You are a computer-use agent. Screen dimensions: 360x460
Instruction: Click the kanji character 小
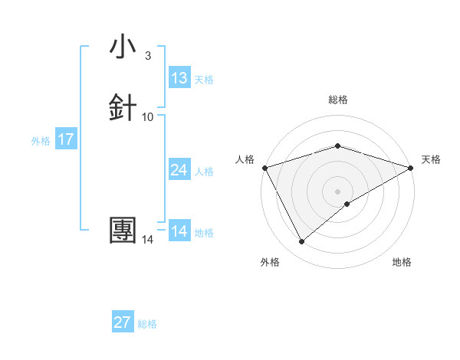(123, 47)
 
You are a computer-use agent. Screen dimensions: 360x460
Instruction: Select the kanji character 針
(123, 107)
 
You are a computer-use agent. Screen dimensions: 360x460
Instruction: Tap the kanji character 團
(123, 231)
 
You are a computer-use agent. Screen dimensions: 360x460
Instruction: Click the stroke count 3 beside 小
(147, 55)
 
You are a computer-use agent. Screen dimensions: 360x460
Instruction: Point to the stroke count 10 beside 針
(148, 116)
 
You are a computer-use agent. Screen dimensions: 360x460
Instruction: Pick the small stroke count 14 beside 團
(148, 240)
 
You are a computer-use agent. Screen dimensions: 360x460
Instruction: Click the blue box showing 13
(179, 78)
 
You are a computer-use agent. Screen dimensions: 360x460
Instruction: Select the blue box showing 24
(179, 170)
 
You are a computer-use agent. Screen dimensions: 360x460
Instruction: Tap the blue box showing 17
(66, 140)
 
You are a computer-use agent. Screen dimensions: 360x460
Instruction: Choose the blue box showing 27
(123, 322)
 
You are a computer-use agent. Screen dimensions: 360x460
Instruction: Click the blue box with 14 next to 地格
(179, 231)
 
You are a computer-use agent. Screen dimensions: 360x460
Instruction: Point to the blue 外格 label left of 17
(41, 141)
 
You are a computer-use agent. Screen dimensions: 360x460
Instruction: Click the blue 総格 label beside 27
(147, 324)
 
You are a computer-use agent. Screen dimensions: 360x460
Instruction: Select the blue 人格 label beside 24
(204, 172)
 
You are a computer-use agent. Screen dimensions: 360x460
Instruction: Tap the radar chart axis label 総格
(337, 100)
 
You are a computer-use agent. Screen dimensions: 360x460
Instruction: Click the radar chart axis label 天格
(431, 159)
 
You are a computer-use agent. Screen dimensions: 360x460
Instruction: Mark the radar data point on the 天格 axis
(411, 167)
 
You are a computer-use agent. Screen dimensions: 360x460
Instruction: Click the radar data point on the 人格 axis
(264, 167)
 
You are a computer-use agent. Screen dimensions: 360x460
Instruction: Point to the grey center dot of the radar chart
(337, 191)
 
